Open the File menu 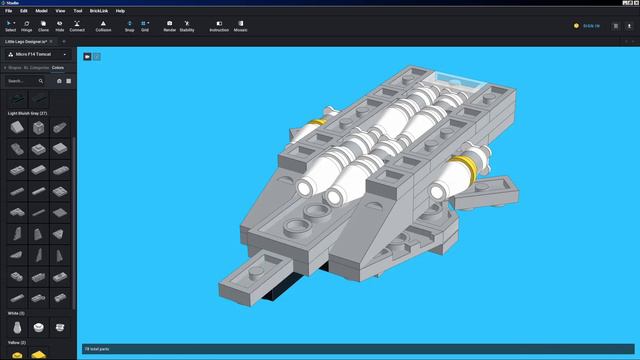tap(9, 10)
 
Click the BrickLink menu tap(99, 10)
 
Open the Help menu tap(120, 10)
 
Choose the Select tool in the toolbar tap(10, 25)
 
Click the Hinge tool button tap(27, 25)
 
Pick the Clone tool tap(44, 25)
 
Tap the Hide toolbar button tap(60, 25)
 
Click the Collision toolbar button tap(103, 25)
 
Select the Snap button tap(129, 25)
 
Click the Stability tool tap(187, 25)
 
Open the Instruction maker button tap(219, 25)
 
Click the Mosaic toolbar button tap(241, 25)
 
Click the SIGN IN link tap(591, 25)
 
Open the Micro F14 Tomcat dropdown tap(37, 54)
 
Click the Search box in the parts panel tap(22, 80)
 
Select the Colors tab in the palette tap(59, 67)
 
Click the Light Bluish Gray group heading tap(28, 113)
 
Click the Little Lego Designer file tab tap(29, 41)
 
